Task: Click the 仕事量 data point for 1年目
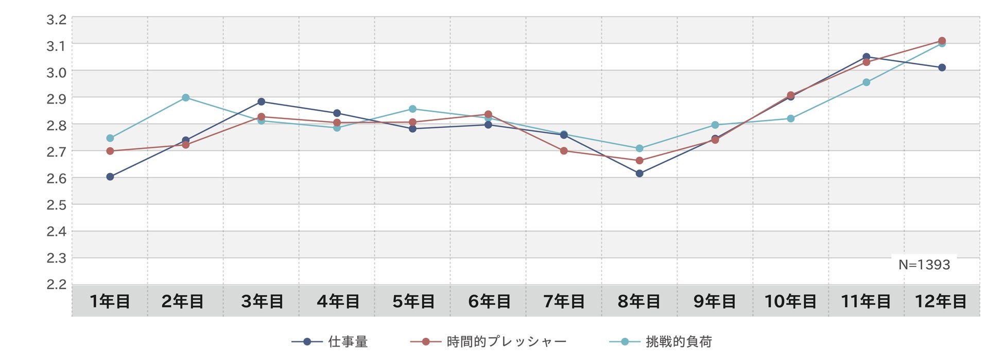[110, 177]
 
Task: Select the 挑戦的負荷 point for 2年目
[186, 98]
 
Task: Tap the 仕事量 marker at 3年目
[262, 101]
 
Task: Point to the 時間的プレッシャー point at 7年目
[564, 151]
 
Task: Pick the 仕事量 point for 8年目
[639, 174]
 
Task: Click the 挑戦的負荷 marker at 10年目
[791, 118]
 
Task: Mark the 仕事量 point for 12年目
[942, 67]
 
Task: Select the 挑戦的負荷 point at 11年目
[867, 82]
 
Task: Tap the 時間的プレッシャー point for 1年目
[110, 151]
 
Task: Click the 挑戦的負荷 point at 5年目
[413, 109]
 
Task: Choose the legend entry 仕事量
[330, 341]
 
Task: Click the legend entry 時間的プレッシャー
[489, 341]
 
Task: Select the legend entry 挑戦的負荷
[661, 341]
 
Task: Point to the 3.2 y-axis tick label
[57, 20]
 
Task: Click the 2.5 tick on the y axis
[57, 205]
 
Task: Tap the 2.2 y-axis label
[57, 284]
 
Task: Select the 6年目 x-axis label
[489, 301]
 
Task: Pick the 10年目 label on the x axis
[790, 301]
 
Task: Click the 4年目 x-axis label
[338, 301]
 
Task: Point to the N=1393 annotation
[924, 265]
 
